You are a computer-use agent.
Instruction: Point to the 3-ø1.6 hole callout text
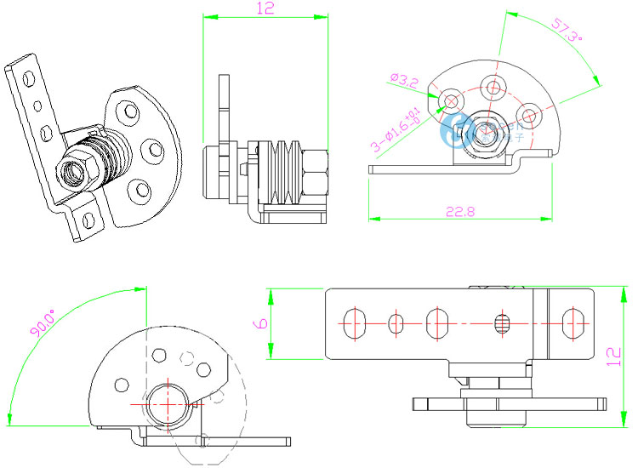coord(394,130)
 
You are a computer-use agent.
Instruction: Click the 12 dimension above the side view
coord(264,9)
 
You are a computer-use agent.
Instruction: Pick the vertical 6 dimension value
coord(261,323)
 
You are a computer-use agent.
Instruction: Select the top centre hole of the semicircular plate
coord(493,87)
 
